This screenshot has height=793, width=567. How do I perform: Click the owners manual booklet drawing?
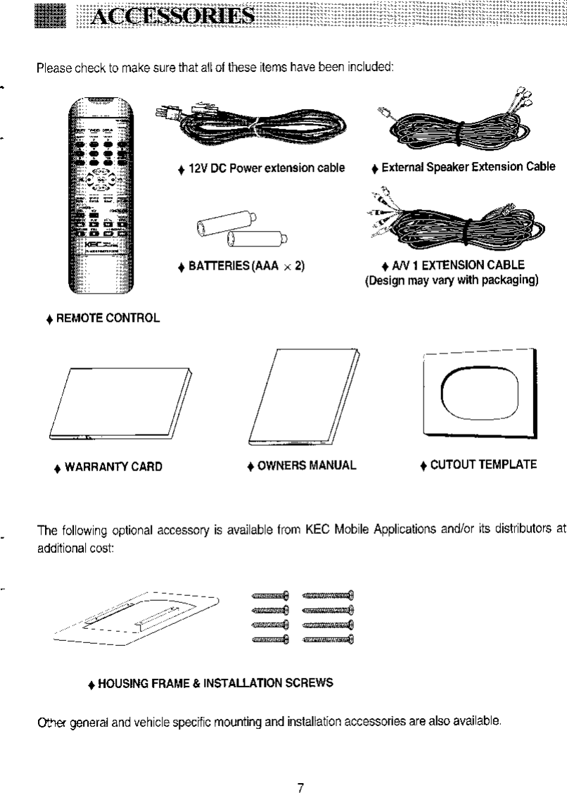304,399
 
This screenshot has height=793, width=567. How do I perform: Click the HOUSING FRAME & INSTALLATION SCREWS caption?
208,683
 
